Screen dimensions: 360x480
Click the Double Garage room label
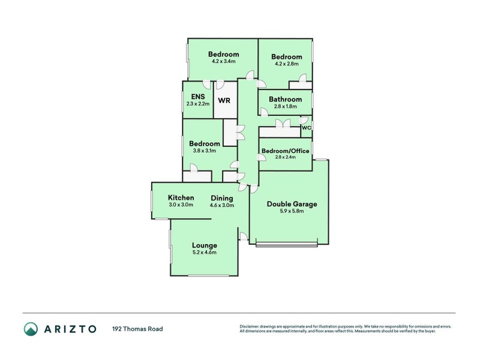292,204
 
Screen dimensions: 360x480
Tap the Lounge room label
204,245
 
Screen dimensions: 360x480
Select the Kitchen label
181,198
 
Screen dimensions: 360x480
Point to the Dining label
221,198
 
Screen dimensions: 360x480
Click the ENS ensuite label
198,97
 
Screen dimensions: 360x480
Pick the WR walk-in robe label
224,100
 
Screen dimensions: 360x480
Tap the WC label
306,128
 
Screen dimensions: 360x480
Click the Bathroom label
285,99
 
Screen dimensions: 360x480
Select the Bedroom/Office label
285,151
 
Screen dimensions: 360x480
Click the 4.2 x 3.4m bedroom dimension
223,61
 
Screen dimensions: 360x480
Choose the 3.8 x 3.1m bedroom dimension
204,151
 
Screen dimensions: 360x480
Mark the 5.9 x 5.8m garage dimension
292,211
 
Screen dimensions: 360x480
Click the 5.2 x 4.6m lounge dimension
204,253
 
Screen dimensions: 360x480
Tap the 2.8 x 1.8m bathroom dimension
285,106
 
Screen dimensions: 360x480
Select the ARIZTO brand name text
70,329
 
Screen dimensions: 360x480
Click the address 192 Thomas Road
137,329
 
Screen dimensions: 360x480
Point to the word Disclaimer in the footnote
251,326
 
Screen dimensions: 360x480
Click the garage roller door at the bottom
286,244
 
